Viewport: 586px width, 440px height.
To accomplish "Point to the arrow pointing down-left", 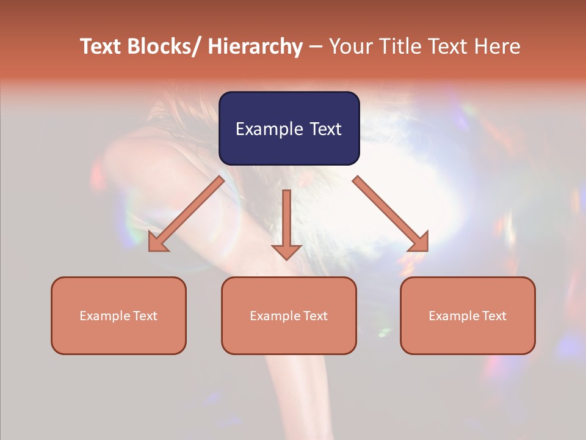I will coord(186,214).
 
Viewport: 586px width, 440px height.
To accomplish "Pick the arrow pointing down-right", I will coord(391,214).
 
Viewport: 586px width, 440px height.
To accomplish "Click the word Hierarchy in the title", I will coord(255,47).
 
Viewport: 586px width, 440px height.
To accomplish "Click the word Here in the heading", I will coord(497,47).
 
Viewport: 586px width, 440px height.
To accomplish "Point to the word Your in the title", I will coord(349,47).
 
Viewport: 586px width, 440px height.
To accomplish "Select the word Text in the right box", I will coord(494,316).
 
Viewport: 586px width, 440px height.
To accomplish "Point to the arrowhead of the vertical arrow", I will coord(286,252).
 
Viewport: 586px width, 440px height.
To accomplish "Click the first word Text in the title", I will coord(100,47).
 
